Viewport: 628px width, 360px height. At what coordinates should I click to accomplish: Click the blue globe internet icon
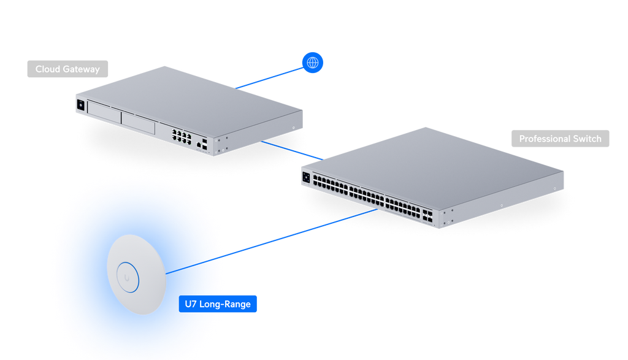coord(313,63)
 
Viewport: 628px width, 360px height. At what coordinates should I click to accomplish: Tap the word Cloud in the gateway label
coord(47,69)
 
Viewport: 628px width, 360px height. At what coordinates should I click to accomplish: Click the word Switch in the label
coord(587,139)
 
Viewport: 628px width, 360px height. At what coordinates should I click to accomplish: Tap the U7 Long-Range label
coord(218,304)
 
